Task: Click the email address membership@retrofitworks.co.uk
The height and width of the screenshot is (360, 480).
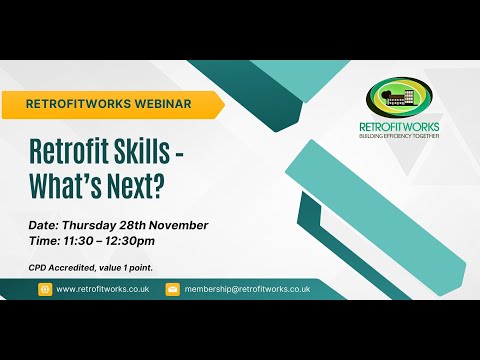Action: pyautogui.click(x=247, y=289)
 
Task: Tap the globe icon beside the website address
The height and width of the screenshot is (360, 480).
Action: pyautogui.click(x=45, y=289)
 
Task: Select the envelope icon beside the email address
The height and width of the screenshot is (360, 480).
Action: pyautogui.click(x=172, y=289)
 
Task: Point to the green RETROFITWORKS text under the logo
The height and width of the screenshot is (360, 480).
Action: pyautogui.click(x=398, y=127)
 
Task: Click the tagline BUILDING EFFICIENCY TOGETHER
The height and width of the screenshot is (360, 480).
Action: pyautogui.click(x=398, y=137)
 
